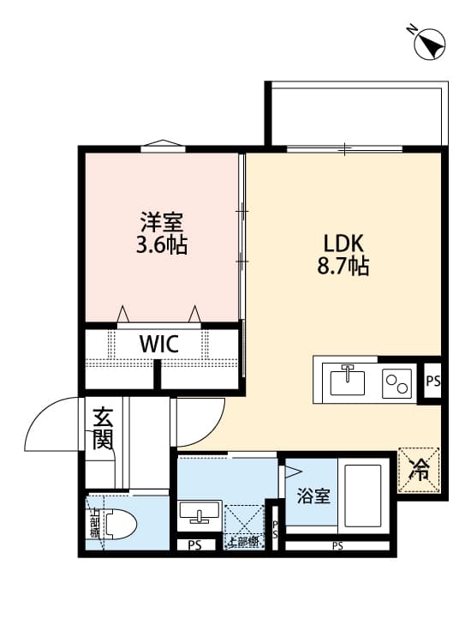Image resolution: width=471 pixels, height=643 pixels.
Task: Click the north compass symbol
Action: point(429,45)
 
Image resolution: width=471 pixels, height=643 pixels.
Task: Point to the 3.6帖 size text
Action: point(161,246)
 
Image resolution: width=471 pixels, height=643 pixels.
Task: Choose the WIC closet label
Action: point(159,345)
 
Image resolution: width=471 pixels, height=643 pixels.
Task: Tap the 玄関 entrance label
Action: point(103,430)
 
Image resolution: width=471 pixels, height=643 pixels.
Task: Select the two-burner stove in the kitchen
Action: point(396,382)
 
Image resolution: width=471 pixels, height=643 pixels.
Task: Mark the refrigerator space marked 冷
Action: point(420,470)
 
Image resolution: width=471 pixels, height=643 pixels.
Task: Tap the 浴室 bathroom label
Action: point(313,496)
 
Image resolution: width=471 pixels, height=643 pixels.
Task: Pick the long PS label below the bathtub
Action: point(337,546)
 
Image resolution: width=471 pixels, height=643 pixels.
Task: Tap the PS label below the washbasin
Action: point(194,545)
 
